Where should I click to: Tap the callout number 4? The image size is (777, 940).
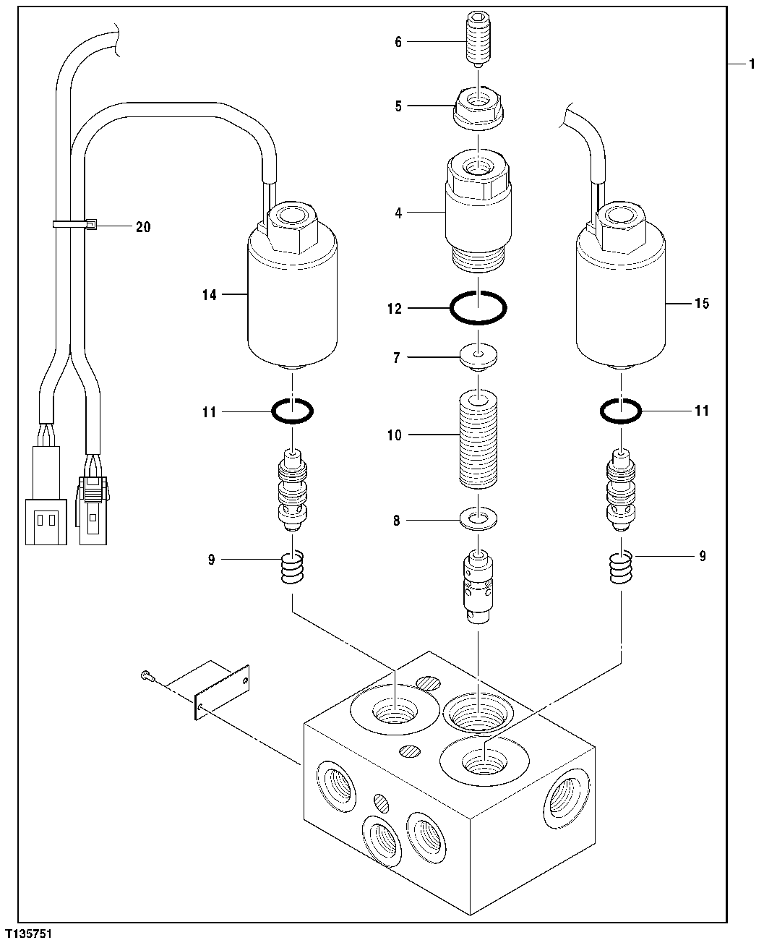[x=398, y=213]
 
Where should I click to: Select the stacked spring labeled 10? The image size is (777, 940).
[x=477, y=438]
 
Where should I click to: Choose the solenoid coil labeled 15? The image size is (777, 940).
[x=620, y=304]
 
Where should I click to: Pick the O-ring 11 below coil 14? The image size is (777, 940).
[x=291, y=411]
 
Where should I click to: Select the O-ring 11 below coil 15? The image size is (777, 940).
[x=620, y=411]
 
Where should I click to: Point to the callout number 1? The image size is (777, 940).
[x=752, y=64]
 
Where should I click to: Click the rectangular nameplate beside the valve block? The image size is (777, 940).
[x=221, y=692]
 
